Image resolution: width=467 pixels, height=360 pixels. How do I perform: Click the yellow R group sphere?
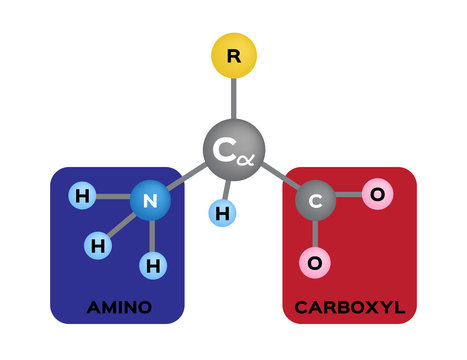(x=234, y=57)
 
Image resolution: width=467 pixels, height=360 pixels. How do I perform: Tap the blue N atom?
(x=150, y=201)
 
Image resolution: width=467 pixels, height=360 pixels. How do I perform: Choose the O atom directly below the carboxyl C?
(x=315, y=263)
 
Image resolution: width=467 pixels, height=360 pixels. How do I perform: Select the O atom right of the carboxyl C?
(x=376, y=194)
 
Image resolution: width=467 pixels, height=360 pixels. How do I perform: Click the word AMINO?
(x=119, y=307)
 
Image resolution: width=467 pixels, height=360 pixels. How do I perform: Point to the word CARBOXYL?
(x=349, y=307)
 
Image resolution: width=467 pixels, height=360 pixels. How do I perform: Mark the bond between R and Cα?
(x=234, y=100)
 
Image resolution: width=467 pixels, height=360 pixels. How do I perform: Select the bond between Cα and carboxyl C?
(x=279, y=179)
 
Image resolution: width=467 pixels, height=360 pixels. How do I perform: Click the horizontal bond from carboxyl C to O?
(x=348, y=197)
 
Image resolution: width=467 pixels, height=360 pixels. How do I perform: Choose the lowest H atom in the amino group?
(x=152, y=265)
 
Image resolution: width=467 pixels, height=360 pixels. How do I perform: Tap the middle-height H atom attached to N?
(x=97, y=244)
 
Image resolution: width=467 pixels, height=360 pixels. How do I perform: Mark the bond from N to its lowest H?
(x=151, y=236)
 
